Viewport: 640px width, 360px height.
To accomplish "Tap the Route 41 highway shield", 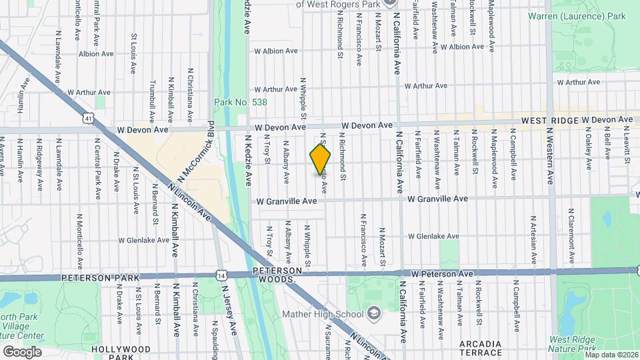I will click(x=89, y=118).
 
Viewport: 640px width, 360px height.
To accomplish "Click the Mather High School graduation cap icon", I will click(x=375, y=313).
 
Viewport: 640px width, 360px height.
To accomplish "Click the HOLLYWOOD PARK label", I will click(x=121, y=349).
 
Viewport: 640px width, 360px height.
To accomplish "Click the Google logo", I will click(x=22, y=351).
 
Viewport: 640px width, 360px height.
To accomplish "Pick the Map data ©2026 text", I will click(x=611, y=354).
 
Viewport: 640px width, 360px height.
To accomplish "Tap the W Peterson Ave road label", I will click(x=441, y=273).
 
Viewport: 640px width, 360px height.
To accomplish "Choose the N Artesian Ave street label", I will click(x=533, y=239).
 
